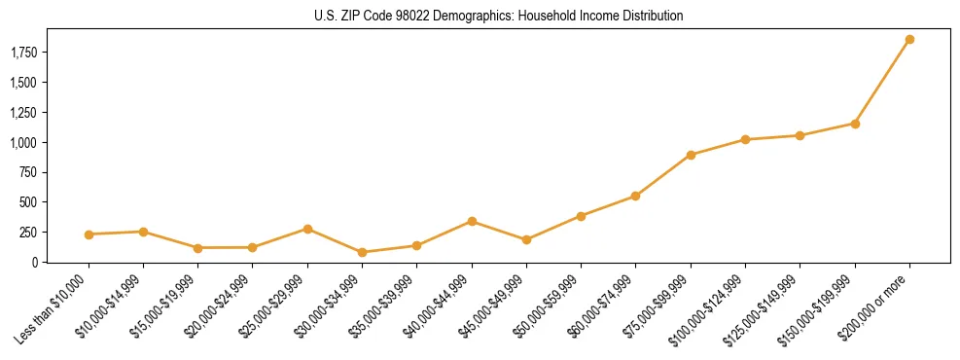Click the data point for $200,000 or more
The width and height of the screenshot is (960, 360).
[909, 40]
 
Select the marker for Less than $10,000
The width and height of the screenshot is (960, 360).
[89, 234]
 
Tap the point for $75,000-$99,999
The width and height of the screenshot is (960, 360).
[691, 155]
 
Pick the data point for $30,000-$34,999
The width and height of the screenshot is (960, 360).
[362, 252]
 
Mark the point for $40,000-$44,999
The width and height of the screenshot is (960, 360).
[472, 222]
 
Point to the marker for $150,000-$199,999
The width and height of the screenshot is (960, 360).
[855, 124]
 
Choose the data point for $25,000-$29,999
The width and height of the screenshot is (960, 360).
[307, 229]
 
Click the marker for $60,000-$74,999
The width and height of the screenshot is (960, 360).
[635, 196]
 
